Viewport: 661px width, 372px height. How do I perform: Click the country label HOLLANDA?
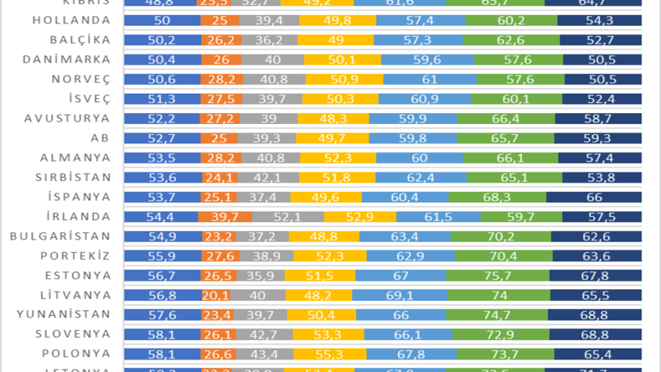tap(72, 20)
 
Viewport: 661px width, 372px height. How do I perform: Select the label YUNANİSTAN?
tap(63, 314)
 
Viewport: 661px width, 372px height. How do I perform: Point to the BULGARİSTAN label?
tap(60, 236)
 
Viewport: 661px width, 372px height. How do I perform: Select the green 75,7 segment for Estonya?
tap(497, 275)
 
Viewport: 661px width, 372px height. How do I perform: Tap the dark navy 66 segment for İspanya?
tap(594, 197)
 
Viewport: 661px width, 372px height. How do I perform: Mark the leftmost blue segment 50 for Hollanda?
tap(162, 20)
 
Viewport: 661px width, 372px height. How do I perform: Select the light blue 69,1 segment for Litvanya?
tap(400, 295)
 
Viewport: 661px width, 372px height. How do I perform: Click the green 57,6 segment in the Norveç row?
tap(520, 79)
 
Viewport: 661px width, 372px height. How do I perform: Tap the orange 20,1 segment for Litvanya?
tap(215, 295)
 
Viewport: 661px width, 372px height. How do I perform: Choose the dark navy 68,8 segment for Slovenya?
tap(595, 334)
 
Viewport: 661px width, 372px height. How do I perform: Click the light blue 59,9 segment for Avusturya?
tap(413, 119)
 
